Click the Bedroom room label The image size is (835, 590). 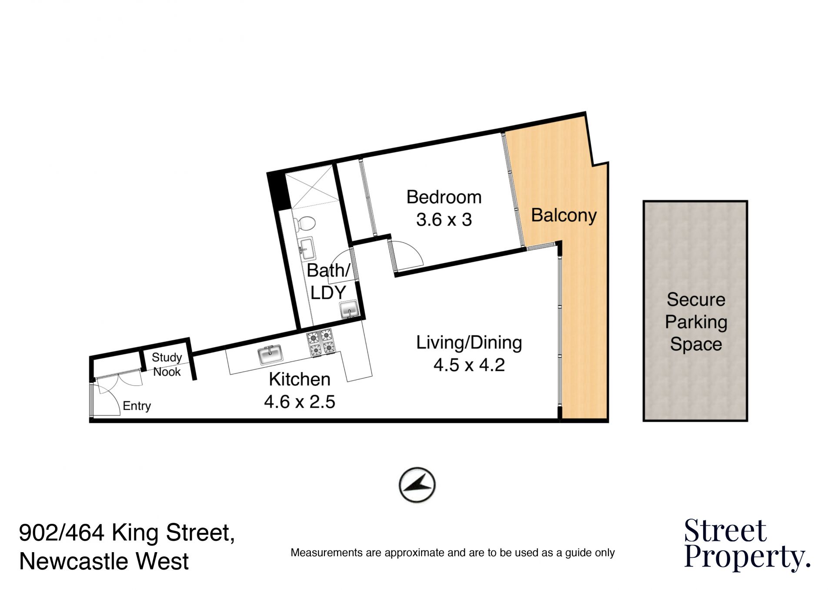tap(444, 197)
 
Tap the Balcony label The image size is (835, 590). tap(564, 215)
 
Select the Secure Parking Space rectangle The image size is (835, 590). tap(695, 311)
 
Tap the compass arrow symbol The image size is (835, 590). tap(417, 485)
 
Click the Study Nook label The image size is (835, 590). tap(167, 365)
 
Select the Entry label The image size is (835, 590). tap(137, 406)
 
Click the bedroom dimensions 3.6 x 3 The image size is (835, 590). tap(444, 220)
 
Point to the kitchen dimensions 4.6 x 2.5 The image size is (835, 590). tap(300, 402)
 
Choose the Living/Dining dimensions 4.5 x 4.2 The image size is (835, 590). tap(469, 365)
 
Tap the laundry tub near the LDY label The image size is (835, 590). tap(349, 310)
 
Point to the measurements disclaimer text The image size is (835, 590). tap(452, 553)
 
